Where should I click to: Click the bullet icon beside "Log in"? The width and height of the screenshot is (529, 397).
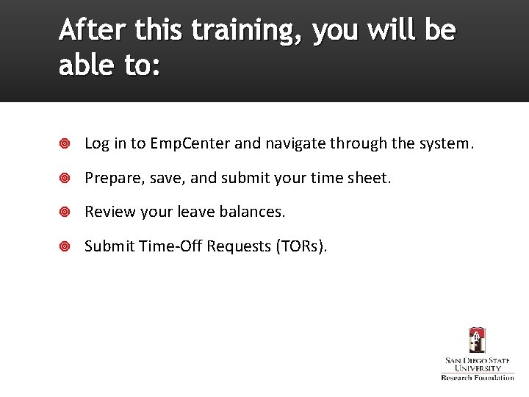[x=65, y=144]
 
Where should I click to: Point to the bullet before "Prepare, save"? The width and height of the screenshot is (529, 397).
[x=65, y=178]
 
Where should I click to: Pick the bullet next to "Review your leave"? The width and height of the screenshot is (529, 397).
[x=65, y=212]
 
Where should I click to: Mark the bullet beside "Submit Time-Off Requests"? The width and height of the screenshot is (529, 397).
[x=65, y=246]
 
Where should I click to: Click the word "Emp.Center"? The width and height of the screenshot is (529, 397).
[x=190, y=143]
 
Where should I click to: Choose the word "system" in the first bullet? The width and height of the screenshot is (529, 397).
[x=444, y=143]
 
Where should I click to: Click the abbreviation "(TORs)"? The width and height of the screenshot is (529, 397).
[x=301, y=246]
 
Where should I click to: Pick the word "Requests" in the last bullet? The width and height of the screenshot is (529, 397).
[x=239, y=246]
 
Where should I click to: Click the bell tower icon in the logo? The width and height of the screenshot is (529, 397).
[x=478, y=341]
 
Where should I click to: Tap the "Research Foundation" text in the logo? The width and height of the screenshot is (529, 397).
[x=478, y=377]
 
